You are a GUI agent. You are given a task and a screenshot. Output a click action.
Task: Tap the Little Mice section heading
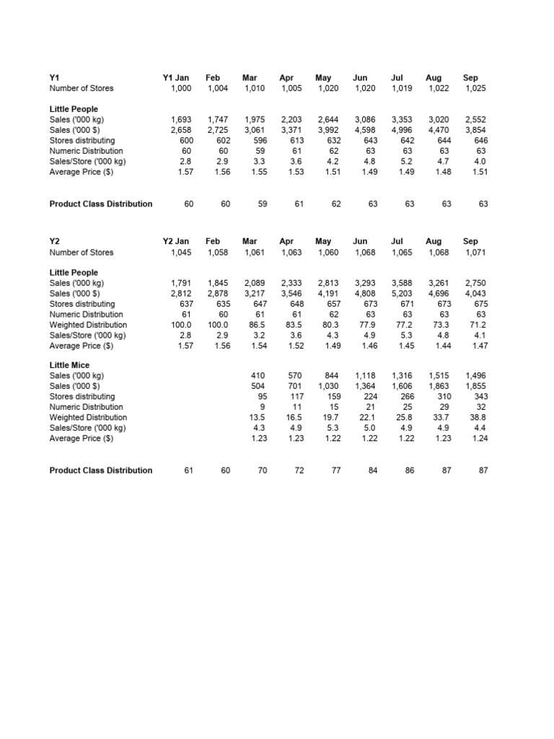[x=69, y=365]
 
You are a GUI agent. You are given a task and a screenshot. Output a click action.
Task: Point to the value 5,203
[x=402, y=294]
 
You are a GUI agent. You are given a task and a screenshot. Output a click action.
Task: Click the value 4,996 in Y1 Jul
[x=402, y=129]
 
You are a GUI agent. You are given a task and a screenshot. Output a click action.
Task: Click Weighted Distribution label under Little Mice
[x=87, y=417]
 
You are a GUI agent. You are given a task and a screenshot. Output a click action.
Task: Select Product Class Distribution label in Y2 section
[x=101, y=471]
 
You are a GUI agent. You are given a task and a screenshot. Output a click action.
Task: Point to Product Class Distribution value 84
[x=373, y=471]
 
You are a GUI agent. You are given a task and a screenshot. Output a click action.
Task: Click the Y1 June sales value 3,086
[x=365, y=119]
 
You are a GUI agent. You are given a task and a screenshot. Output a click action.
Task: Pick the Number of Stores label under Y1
[x=81, y=88]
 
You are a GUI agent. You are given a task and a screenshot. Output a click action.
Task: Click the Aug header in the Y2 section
[x=434, y=241]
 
